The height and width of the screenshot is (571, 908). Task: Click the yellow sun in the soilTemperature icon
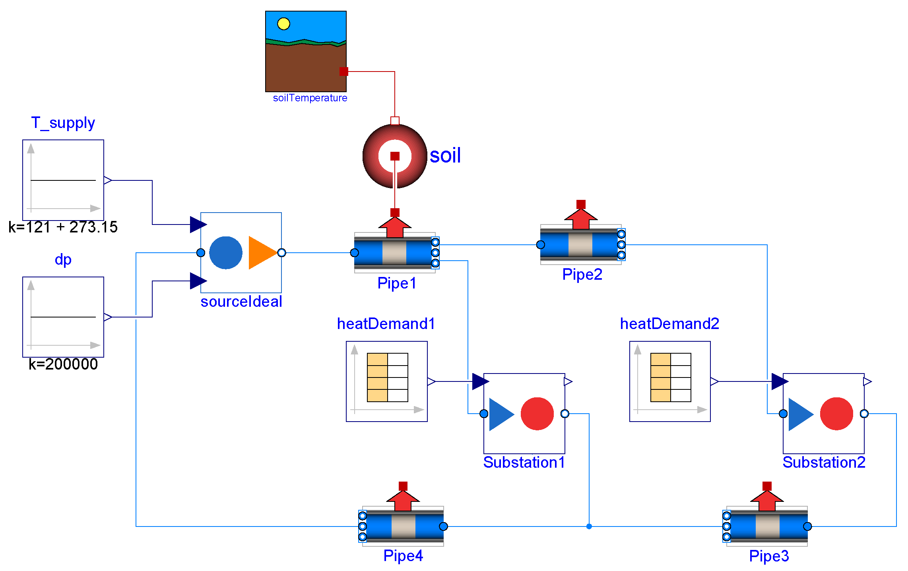coord(283,24)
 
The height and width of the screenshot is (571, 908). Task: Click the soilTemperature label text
coord(310,98)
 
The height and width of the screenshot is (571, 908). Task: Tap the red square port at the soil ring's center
coord(395,156)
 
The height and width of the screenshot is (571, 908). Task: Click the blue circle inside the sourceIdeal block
coord(225,253)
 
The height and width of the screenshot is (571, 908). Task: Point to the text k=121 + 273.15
coord(63,227)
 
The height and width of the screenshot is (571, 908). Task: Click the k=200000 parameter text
coord(63,364)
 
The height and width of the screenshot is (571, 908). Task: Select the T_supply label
coord(63,123)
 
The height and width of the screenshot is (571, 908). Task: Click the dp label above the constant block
coord(63,259)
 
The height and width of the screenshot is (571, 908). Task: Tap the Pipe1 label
coord(397,283)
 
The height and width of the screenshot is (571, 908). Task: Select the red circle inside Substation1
coord(537,414)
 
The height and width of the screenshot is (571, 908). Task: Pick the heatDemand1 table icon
coord(387,377)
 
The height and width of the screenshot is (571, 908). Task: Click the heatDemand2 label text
coord(669,324)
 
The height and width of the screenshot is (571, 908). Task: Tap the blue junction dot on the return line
coord(589,526)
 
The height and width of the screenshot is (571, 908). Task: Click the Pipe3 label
coord(769,556)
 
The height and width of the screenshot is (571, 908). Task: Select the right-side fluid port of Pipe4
coord(444,526)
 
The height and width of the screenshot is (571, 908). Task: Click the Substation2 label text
coord(824,463)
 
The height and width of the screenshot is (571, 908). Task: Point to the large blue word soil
coord(445,155)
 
